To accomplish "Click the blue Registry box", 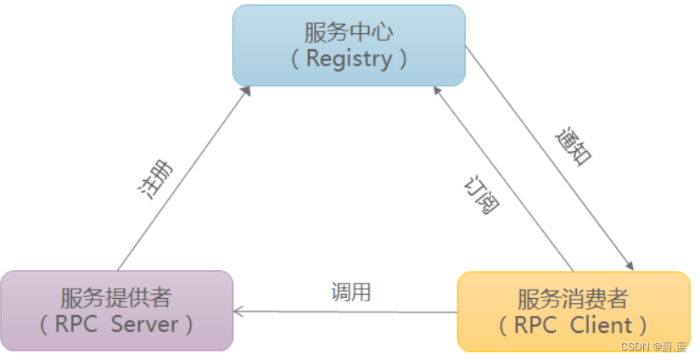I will pos(349,45).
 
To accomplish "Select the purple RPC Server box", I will pos(116,310).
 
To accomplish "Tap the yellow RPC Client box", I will pos(574,311).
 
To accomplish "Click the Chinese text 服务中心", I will pos(349,32).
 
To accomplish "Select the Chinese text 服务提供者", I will pos(116,297).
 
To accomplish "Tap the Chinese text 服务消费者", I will pos(574,298).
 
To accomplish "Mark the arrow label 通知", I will pos(574,146).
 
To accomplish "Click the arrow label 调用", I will pos(350,293).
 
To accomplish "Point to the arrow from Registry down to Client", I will pos(550,157).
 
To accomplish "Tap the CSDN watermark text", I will pos(653,347).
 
